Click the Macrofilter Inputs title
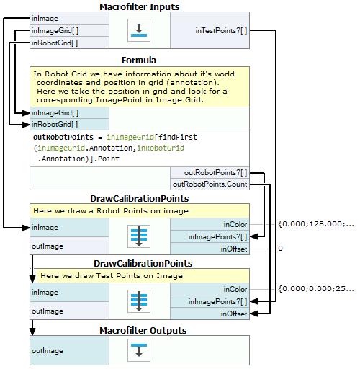click(139, 6)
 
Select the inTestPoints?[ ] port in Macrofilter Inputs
click(221, 30)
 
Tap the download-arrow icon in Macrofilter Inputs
click(139, 30)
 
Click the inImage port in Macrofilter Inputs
click(45, 19)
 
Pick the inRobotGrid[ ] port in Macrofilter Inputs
click(55, 43)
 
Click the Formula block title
click(139, 60)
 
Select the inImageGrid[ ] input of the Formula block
click(55, 112)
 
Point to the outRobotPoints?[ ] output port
click(215, 172)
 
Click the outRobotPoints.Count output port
click(210, 184)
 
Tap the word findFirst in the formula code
click(178, 137)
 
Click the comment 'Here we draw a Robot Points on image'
click(111, 210)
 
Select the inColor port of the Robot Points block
click(235, 224)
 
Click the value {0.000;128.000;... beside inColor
click(316, 224)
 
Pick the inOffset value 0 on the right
click(280, 248)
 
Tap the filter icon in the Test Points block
click(139, 301)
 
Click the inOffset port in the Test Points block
click(234, 314)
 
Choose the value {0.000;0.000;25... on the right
click(316, 288)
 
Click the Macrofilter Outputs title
click(143, 330)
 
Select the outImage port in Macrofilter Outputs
click(48, 350)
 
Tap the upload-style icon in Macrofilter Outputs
click(139, 350)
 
